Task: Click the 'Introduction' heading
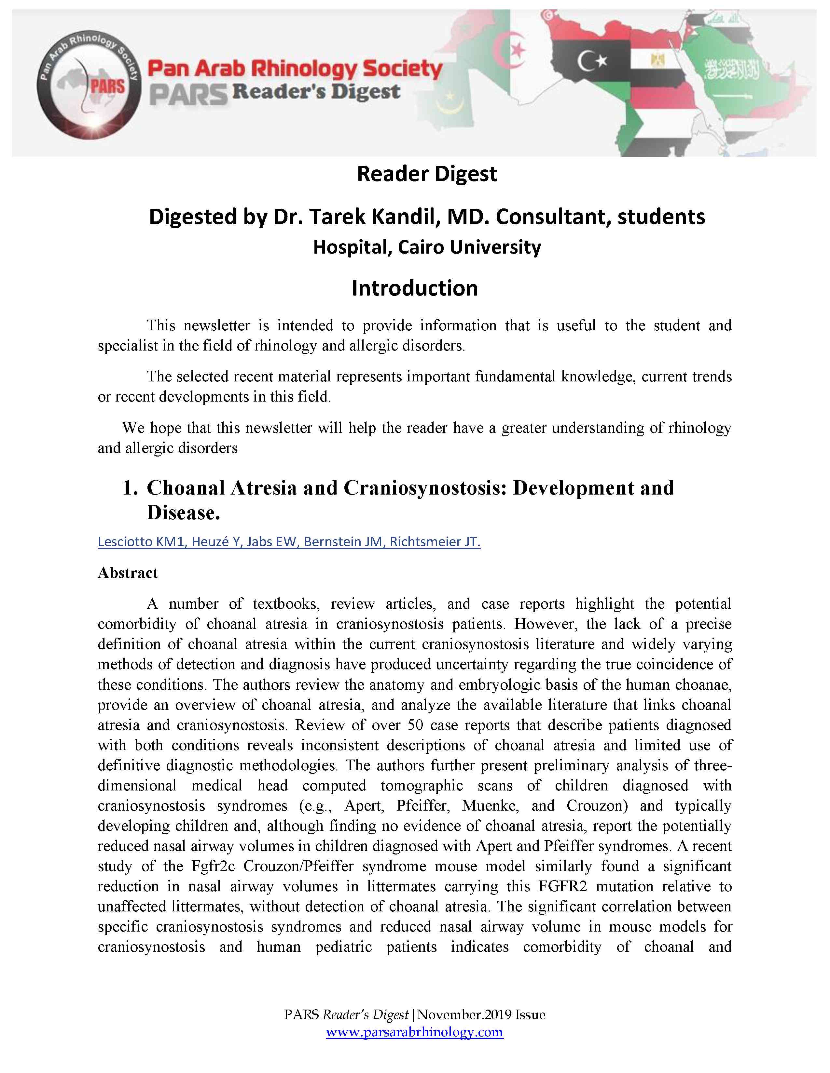414,288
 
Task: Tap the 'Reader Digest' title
427,174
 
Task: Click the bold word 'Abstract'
128,573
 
